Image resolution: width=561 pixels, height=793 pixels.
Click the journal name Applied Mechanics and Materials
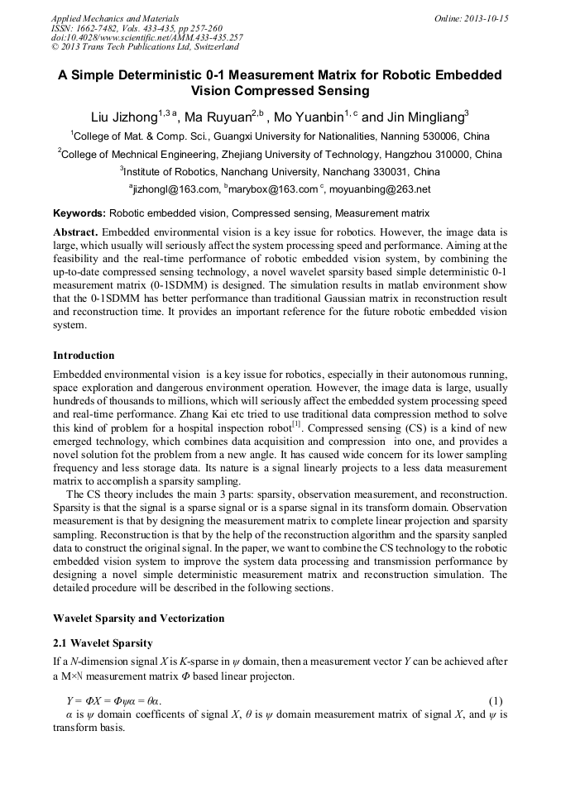[x=106, y=17]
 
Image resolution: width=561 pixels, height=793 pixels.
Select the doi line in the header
[x=146, y=37]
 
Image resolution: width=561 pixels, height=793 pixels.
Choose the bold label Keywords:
[x=79, y=213]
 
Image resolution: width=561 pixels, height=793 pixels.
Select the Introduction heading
[x=84, y=356]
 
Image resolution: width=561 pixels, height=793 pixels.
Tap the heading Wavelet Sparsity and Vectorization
[x=138, y=619]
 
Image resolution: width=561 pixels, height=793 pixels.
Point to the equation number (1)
[x=496, y=701]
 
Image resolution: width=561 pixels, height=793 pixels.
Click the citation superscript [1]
[x=297, y=424]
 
